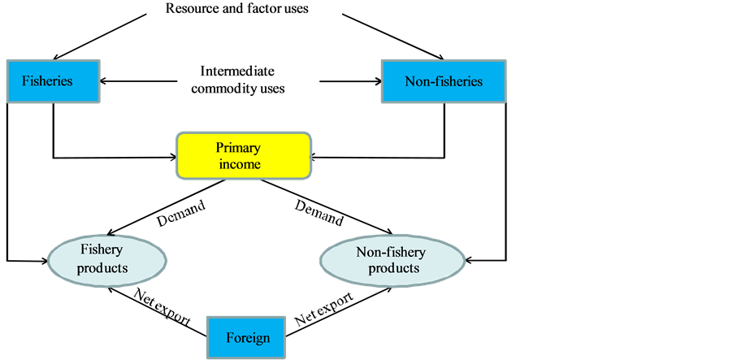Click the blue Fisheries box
coord(53,81)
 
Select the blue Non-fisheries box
coord(444,81)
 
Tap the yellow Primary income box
coord(244,156)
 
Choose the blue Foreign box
coord(247,338)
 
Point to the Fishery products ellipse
coord(106,259)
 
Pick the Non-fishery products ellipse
coord(393,260)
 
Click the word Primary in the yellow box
coord(237,148)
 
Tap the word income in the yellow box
coord(240,164)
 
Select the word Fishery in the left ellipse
coord(102,250)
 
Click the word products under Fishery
coord(102,268)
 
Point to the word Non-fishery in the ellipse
coord(391,252)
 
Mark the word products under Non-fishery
coord(394,268)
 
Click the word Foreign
coord(248,338)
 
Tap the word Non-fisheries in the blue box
coord(444,81)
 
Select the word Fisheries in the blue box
coord(47,81)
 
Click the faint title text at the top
coord(241,9)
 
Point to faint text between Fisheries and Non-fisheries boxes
coord(239,81)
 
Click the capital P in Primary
coord(219,148)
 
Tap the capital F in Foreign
coord(230,338)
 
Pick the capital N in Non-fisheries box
coord(410,81)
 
